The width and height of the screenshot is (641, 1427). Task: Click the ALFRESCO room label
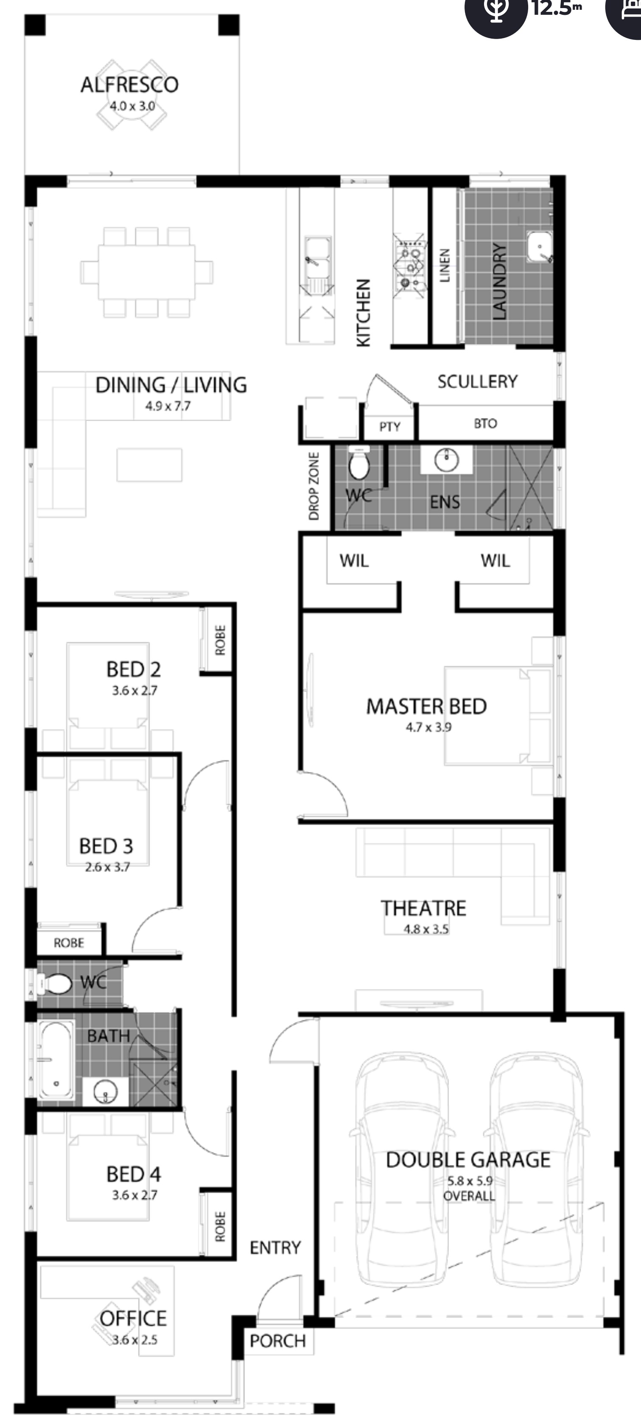click(130, 85)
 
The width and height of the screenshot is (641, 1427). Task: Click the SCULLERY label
click(478, 381)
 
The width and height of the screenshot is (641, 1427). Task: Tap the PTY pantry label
click(389, 426)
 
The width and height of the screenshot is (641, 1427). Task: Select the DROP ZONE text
click(314, 486)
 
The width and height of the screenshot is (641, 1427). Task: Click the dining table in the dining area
click(147, 272)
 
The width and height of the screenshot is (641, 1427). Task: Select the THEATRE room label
click(423, 908)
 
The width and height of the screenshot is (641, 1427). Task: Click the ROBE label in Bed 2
click(220, 640)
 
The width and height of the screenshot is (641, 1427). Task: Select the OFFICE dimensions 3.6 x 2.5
click(134, 1340)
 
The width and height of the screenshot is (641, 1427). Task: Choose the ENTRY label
click(275, 1247)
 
